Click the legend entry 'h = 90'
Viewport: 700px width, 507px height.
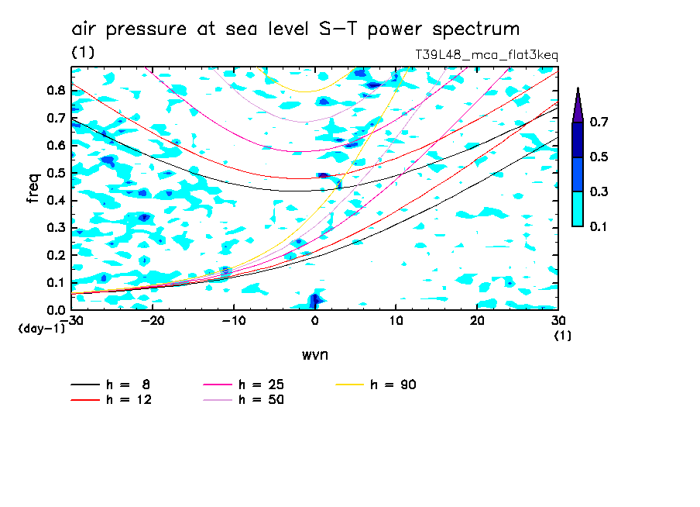[393, 385]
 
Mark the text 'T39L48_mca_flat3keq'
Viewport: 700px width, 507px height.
[486, 54]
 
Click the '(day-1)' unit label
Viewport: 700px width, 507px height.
[42, 329]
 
